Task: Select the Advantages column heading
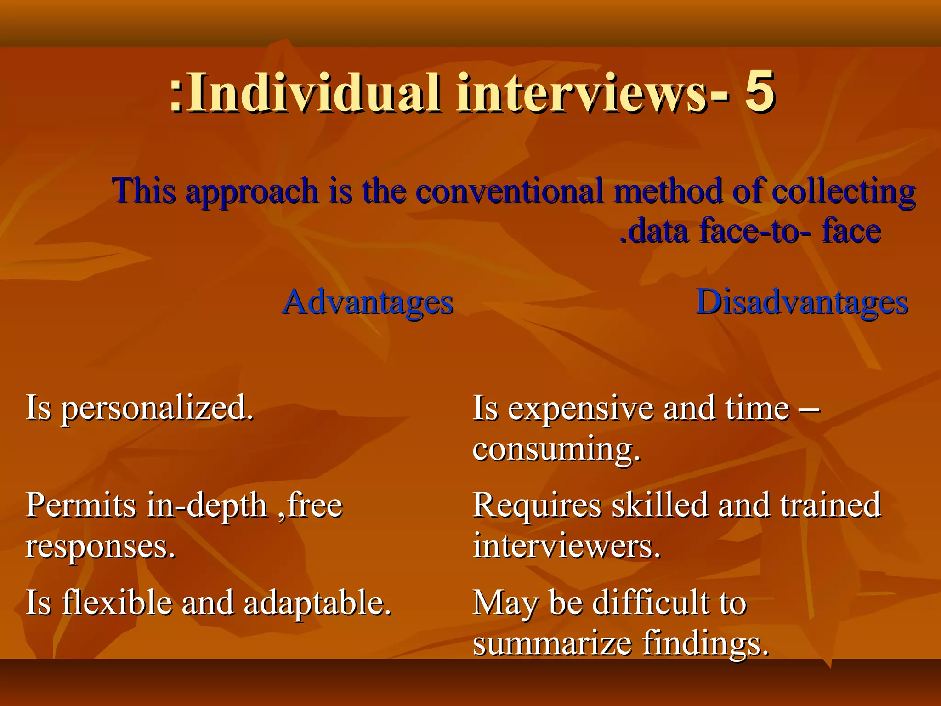click(368, 302)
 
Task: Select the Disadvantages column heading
click(802, 302)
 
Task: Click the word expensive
click(581, 409)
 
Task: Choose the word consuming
click(556, 450)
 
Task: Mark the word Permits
click(81, 505)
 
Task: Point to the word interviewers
click(567, 546)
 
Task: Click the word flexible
click(117, 602)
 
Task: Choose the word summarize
click(552, 643)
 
